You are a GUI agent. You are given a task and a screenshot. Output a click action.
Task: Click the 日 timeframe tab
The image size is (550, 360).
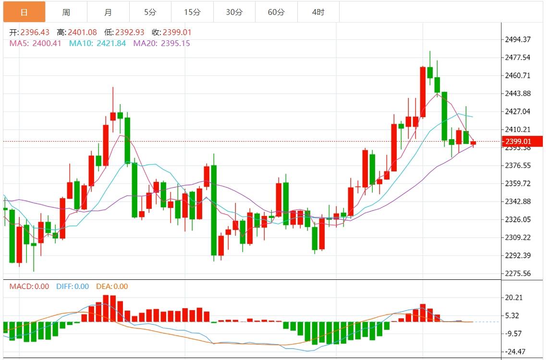[x=24, y=12]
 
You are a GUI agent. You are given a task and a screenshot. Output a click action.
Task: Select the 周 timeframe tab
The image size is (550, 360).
[x=66, y=12]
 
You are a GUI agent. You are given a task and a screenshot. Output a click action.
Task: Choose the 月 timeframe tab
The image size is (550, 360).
[x=108, y=12]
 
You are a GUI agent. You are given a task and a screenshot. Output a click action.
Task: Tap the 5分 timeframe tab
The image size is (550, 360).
[x=150, y=12]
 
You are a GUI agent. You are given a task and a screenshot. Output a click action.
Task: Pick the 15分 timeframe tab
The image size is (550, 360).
[x=192, y=12]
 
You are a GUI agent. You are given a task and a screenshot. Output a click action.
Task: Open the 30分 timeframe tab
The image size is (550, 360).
[x=234, y=12]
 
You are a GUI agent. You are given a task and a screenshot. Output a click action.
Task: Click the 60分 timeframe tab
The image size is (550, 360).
[x=276, y=12]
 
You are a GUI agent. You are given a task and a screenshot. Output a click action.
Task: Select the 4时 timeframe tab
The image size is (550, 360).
[x=318, y=12]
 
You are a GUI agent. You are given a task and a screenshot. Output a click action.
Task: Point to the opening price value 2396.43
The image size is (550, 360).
[x=35, y=33]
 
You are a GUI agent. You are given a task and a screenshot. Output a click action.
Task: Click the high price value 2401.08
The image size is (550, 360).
[x=82, y=33]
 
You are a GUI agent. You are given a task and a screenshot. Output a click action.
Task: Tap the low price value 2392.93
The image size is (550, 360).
[x=130, y=33]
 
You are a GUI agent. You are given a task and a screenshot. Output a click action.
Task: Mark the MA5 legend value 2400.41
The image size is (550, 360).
[x=47, y=43]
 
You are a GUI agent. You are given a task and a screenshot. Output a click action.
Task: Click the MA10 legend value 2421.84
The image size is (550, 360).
[x=111, y=43]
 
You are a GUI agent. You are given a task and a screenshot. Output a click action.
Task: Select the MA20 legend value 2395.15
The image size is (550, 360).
[x=175, y=43]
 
